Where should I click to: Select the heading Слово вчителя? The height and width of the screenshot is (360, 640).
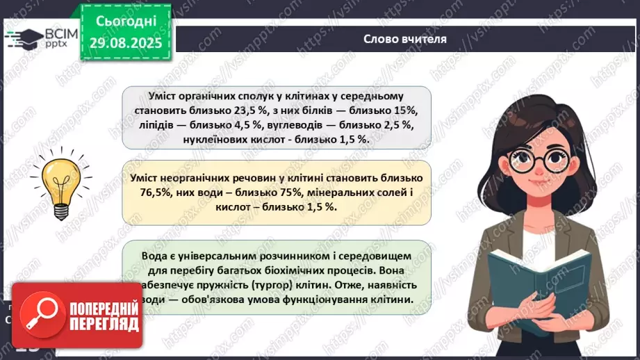tap(405, 39)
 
